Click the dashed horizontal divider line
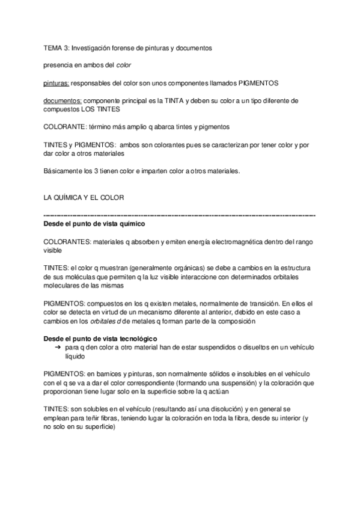(180, 215)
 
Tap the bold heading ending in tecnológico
(100, 339)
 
